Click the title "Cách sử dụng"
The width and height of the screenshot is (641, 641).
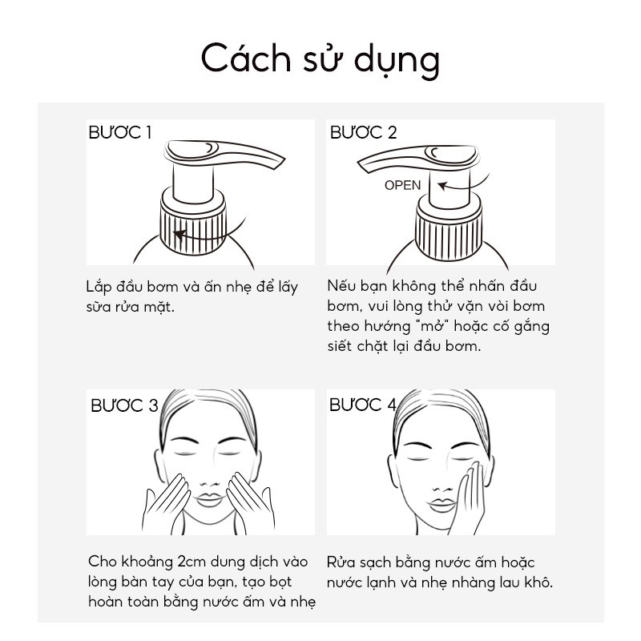pos(320,61)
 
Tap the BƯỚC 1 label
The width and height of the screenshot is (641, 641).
pos(119,133)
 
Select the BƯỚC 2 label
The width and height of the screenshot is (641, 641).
pos(363,133)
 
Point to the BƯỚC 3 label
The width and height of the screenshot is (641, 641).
pos(124,405)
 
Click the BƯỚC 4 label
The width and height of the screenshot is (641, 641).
pos(363,405)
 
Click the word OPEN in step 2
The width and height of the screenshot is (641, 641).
pos(402,185)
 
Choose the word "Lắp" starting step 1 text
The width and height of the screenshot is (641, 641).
pos(99,287)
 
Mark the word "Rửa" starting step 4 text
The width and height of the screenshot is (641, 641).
pos(343,562)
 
